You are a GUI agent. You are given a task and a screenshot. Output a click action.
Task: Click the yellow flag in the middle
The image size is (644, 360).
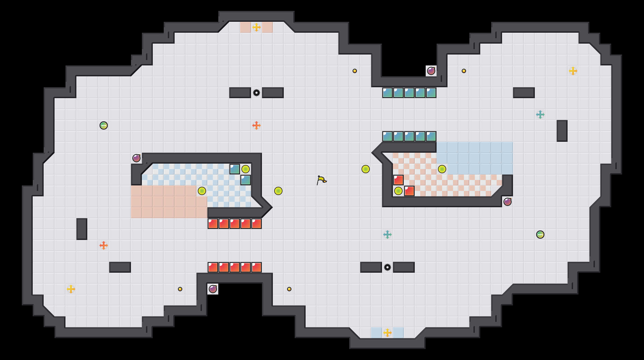[321, 180]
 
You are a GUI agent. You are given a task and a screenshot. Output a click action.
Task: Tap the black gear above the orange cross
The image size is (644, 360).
[256, 93]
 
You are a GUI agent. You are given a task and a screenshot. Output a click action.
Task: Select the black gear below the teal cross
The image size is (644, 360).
[387, 267]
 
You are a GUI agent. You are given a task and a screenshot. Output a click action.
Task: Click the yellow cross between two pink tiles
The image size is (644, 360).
[256, 27]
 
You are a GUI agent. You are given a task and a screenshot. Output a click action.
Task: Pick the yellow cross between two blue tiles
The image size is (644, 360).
[387, 333]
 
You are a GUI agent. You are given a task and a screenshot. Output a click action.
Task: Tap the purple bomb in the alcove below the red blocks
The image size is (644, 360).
[213, 289]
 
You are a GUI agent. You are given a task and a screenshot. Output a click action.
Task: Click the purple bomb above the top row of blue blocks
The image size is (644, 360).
[431, 71]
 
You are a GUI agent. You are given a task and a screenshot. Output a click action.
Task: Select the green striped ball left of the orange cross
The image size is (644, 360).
[103, 125]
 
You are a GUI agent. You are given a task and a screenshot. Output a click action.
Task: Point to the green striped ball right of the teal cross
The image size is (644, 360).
[540, 235]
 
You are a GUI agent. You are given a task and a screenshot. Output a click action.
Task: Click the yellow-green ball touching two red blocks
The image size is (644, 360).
[398, 191]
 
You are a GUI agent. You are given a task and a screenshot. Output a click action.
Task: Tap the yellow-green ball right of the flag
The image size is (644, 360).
[365, 169]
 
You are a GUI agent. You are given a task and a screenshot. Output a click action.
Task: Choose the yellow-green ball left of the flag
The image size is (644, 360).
[278, 191]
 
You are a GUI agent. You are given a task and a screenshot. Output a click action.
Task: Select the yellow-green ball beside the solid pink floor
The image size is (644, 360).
[202, 191]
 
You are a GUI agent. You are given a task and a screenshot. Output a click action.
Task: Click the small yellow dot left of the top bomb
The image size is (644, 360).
[354, 71]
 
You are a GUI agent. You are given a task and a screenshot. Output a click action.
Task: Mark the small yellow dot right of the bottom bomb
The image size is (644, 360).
[289, 289]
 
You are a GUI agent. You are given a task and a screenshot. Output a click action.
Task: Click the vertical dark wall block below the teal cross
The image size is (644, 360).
[562, 131]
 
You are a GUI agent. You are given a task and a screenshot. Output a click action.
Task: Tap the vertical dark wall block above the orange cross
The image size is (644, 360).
[82, 229]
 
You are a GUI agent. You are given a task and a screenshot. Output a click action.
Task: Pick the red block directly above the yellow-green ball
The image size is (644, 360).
[398, 180]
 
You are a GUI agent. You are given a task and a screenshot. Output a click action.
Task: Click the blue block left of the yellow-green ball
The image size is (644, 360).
[234, 169]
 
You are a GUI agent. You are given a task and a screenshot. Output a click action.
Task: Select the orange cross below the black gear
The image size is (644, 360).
[256, 125]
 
